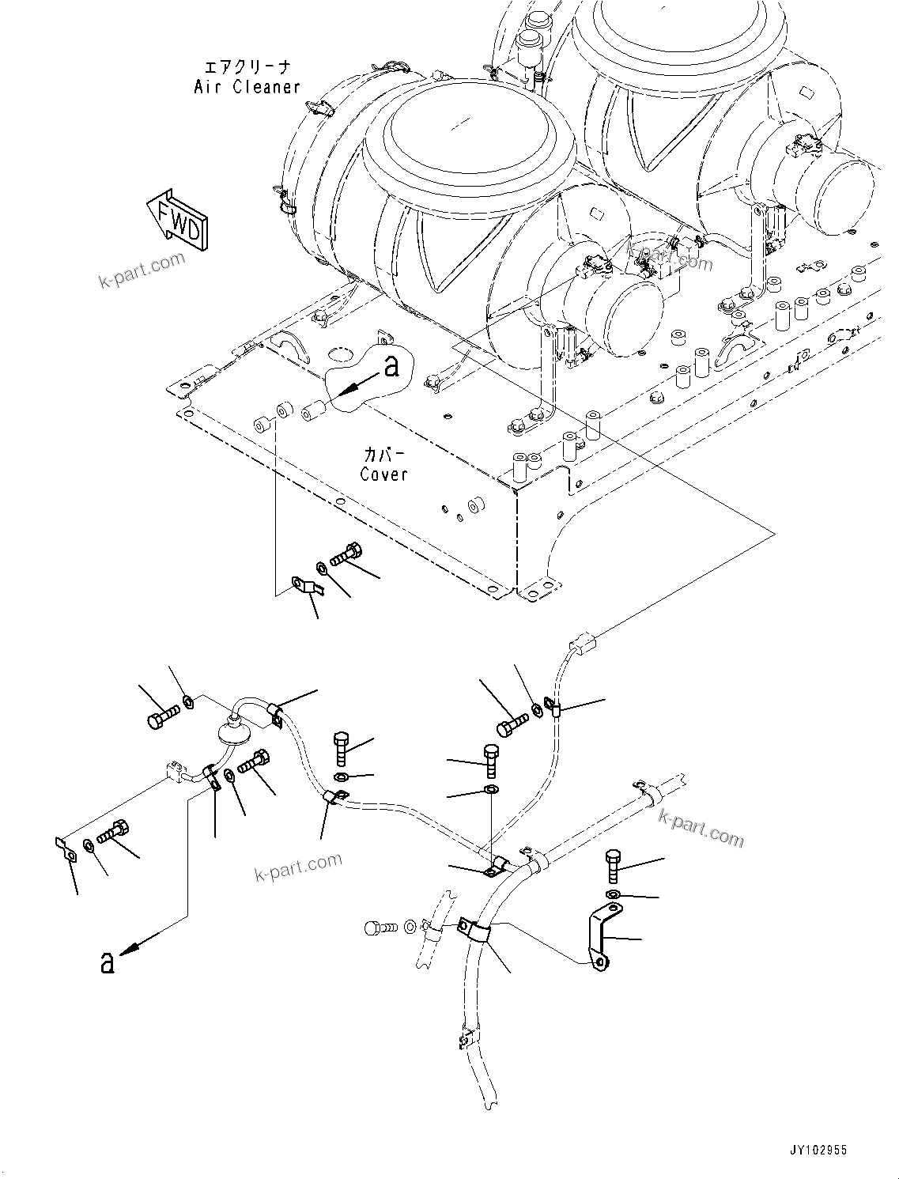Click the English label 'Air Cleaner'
tap(247, 87)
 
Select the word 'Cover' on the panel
tap(383, 474)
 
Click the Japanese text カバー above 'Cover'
tap(384, 455)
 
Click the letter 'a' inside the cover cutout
tap(391, 366)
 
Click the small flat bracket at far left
tap(66, 849)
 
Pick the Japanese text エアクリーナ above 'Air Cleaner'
tap(247, 68)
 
